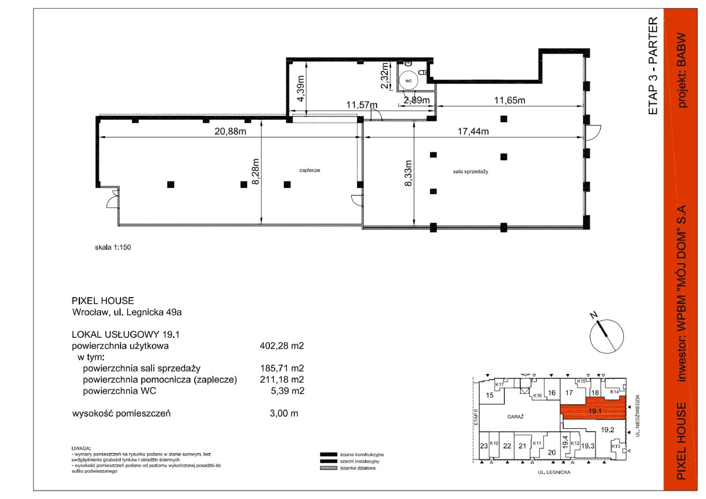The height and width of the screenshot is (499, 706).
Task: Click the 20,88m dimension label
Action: (x=230, y=131)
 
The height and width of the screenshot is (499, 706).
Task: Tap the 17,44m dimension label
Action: (x=473, y=131)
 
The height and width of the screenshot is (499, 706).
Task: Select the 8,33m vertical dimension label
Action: (x=408, y=173)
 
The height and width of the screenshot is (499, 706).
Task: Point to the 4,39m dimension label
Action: (x=300, y=89)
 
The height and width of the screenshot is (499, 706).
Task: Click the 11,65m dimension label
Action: (x=509, y=100)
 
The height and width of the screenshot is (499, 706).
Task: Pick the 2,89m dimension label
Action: (x=417, y=100)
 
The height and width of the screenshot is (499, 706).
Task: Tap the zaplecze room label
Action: (x=309, y=170)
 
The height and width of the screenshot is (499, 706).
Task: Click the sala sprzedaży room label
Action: (x=470, y=172)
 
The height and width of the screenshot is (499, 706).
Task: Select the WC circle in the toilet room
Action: (x=409, y=81)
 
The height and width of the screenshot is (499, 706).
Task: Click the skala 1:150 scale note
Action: (x=113, y=247)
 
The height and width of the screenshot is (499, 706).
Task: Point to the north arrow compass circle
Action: (x=606, y=336)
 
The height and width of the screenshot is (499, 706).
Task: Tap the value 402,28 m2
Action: (x=282, y=346)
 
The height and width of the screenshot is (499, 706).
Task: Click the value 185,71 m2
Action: (x=282, y=368)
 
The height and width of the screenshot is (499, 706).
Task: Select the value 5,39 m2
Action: (x=287, y=391)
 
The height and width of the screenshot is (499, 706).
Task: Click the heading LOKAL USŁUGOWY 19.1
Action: (x=126, y=334)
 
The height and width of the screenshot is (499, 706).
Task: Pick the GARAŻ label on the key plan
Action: (x=515, y=417)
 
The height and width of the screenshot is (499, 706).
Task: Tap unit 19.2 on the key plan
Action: (x=607, y=430)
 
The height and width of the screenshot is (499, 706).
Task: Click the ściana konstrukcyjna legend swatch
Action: (x=328, y=454)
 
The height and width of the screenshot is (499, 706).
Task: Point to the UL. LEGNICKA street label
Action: (x=554, y=472)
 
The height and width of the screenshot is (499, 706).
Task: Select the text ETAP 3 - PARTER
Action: (x=653, y=66)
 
